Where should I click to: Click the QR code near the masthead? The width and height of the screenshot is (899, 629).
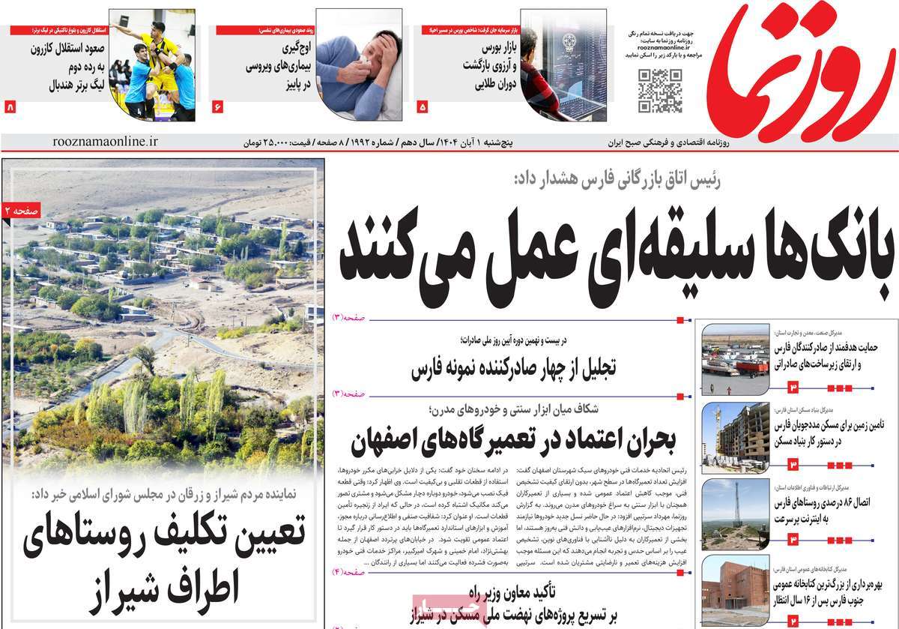click(x=659, y=90)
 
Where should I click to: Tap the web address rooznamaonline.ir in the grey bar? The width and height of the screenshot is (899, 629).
click(x=106, y=141)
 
